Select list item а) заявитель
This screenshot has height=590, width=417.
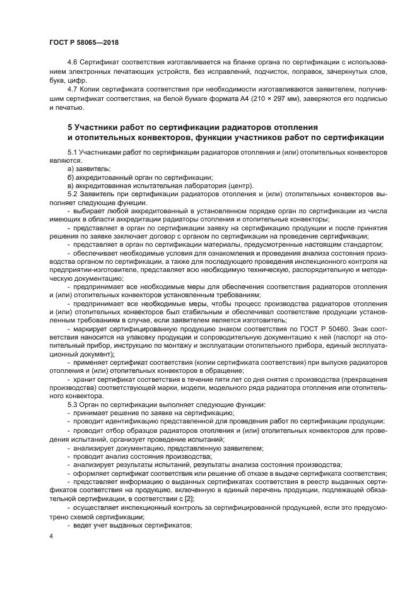(88, 169)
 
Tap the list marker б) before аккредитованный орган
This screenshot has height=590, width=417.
(70, 177)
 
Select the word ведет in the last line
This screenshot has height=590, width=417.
(83, 524)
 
